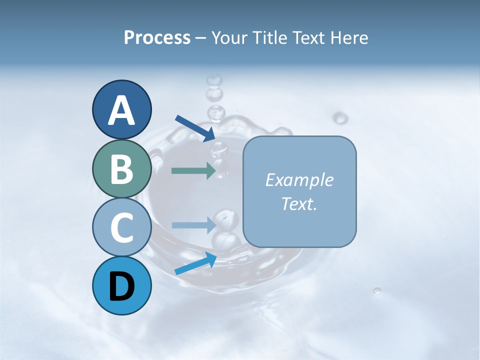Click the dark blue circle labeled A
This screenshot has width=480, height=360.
[x=122, y=109]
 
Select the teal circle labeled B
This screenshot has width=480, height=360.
[x=122, y=168]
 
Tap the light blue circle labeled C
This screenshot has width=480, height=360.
[x=122, y=227]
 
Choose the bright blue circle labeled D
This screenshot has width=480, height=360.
[x=122, y=285]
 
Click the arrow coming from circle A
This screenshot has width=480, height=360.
[x=195, y=127]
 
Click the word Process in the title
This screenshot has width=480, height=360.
[x=157, y=38]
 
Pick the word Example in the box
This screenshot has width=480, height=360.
[x=299, y=180]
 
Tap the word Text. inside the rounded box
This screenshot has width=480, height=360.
[x=299, y=203]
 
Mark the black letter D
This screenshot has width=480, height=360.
[x=122, y=286]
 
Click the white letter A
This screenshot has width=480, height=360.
[x=122, y=110]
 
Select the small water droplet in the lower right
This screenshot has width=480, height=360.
[x=377, y=290]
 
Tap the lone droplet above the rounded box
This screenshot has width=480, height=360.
[x=340, y=118]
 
